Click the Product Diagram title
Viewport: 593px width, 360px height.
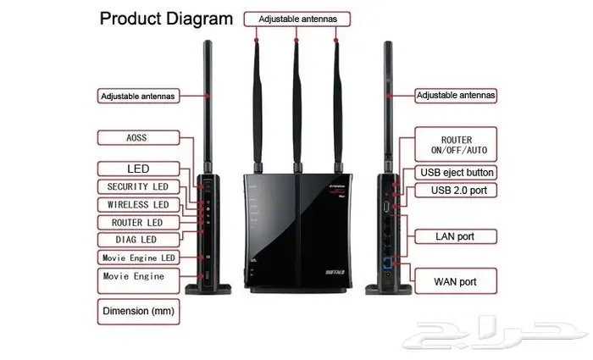[x=165, y=18]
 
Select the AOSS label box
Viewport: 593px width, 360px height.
[x=138, y=136]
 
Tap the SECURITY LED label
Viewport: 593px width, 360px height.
[x=138, y=186]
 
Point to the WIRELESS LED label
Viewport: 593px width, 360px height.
[x=138, y=204]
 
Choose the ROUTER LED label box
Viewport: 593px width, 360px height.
[x=138, y=222]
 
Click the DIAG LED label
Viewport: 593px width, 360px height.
[x=138, y=240]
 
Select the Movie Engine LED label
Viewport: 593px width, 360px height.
[x=138, y=258]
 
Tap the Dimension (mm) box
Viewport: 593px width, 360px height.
[x=138, y=311]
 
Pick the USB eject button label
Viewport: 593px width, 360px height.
[x=457, y=173]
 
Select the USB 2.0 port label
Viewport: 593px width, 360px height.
[x=457, y=191]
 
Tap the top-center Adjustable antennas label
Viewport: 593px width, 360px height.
[x=296, y=17]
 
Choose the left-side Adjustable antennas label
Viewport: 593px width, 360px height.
[x=138, y=96]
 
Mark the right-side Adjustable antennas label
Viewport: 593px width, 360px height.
[x=456, y=96]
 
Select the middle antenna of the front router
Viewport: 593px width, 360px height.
[x=296, y=102]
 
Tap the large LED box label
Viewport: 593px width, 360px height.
[x=138, y=169]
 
